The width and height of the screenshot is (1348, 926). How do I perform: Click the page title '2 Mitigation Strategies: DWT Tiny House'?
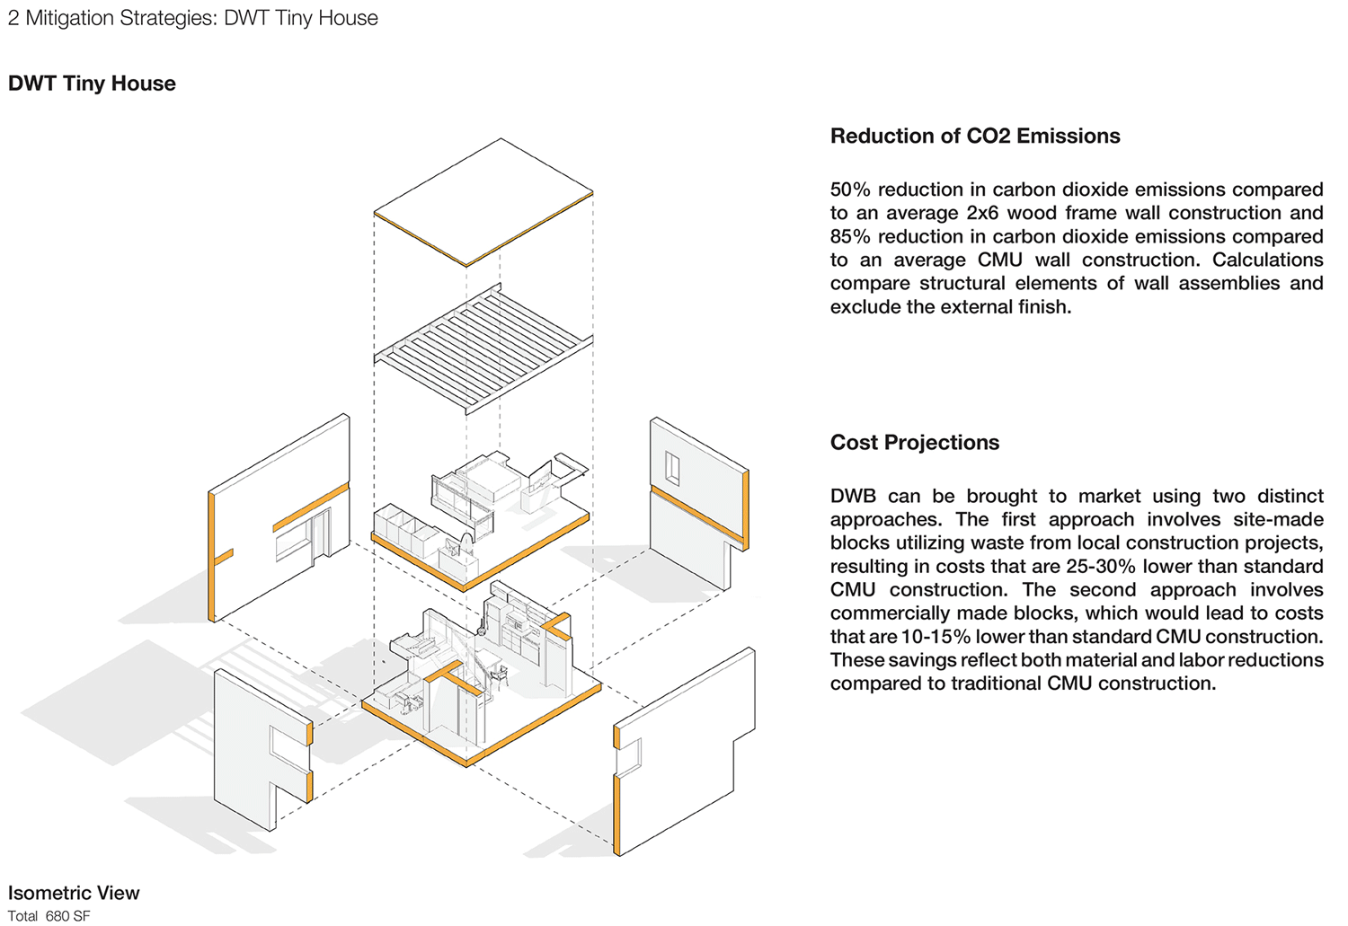192,18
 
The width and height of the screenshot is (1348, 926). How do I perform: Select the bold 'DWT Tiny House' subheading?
92,84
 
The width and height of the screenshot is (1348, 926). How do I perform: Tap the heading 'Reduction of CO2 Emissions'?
975,136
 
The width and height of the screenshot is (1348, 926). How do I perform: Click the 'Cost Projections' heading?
914,442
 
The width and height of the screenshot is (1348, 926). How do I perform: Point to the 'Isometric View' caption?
74,893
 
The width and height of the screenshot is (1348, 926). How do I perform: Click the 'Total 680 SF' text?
49,916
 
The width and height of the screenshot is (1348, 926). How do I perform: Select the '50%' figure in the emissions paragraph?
850,190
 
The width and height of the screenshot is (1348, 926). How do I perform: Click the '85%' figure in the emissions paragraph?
850,236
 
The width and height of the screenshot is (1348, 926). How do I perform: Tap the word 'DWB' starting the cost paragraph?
853,496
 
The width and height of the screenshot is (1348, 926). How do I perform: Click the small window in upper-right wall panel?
671,468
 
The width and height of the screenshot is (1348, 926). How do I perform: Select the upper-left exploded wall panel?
279,521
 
